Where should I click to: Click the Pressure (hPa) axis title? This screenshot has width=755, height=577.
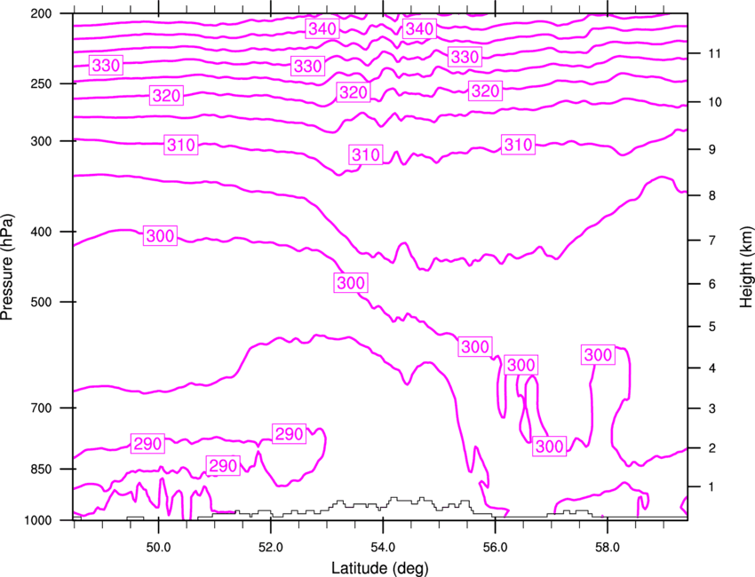(7, 267)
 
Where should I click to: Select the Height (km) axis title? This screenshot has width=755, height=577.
(746, 267)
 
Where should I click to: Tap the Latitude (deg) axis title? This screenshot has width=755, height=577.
(379, 568)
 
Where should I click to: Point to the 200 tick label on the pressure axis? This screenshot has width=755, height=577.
(41, 13)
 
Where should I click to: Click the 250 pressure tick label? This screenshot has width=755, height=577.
(41, 83)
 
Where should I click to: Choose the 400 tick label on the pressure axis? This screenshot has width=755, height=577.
(41, 232)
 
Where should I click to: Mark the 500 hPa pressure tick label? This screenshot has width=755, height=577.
(41, 302)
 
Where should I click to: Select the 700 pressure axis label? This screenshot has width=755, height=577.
(41, 408)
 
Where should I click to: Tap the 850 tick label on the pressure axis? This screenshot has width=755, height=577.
(41, 470)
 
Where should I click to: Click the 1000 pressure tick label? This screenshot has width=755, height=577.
(37, 520)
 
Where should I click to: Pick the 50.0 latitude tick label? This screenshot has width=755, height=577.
(158, 548)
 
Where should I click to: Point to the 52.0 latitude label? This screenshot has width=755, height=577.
(271, 548)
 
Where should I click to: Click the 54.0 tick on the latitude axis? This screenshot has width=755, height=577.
(384, 548)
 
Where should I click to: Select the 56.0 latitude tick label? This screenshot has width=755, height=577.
(496, 548)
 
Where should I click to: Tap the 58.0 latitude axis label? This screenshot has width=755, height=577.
(608, 548)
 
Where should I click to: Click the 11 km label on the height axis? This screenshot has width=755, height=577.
(715, 53)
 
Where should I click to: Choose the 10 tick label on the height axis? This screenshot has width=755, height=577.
(715, 102)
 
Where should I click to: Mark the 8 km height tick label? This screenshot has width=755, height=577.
(712, 195)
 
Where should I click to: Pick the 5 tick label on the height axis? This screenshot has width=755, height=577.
(712, 327)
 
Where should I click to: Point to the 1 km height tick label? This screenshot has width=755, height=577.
(712, 487)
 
